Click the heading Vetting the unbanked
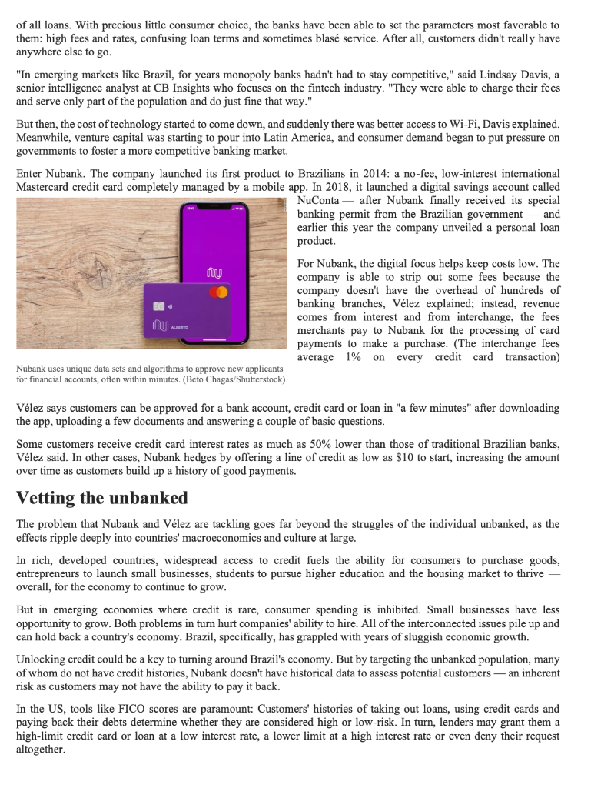(102, 497)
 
